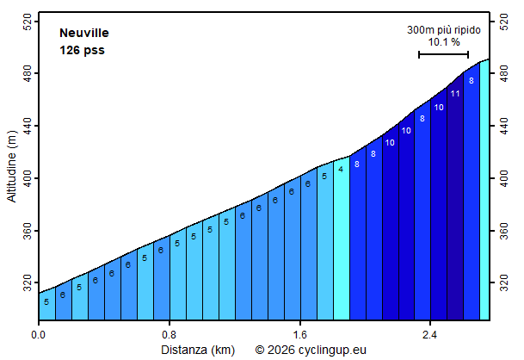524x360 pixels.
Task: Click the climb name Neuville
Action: click(83, 33)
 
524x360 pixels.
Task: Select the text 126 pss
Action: click(82, 50)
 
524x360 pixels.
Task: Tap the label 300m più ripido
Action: click(444, 29)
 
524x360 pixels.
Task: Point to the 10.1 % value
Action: click(444, 41)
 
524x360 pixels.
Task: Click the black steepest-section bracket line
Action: click(443, 54)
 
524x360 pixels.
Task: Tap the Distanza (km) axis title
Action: click(198, 350)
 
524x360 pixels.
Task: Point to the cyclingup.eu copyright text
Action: click(311, 350)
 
